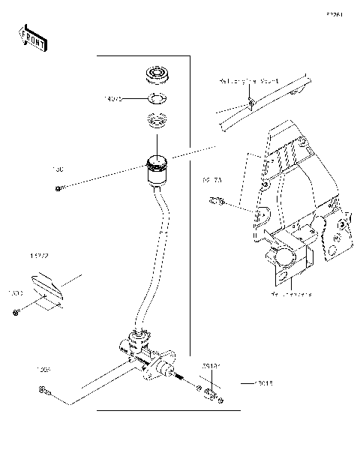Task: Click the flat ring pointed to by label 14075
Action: click(x=157, y=98)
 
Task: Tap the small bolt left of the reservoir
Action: click(x=58, y=187)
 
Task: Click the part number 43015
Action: click(x=262, y=383)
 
